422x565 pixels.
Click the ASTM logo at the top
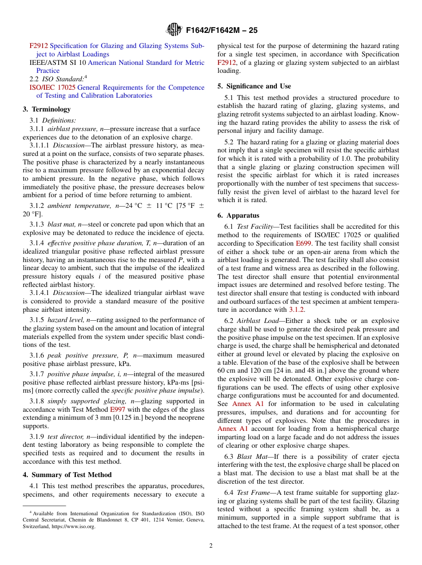point(174,30)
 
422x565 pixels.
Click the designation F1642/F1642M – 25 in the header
point(222,31)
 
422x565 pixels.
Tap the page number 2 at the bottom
point(211,546)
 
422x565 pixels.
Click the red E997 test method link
point(117,410)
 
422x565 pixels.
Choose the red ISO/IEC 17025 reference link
point(52,88)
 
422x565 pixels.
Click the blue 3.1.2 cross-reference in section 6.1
point(296,310)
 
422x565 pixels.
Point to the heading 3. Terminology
point(47,109)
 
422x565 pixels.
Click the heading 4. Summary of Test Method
point(67,475)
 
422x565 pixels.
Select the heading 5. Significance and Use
point(254,86)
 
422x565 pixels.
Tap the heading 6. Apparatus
point(238,215)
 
